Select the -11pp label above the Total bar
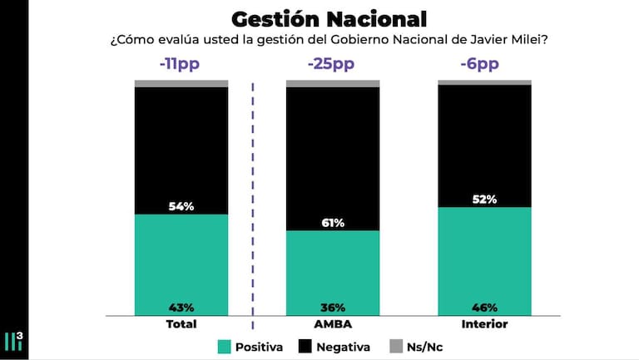[181, 65]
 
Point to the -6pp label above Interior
[484, 65]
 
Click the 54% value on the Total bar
[181, 205]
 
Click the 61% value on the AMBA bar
[333, 223]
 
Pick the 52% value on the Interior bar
[484, 199]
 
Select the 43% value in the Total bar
[181, 308]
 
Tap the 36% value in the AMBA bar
[333, 308]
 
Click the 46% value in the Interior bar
[484, 308]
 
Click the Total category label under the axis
[181, 324]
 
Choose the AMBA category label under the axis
[333, 324]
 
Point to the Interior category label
[484, 324]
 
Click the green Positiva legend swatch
[225, 346]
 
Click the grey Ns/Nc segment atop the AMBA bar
[333, 83]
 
